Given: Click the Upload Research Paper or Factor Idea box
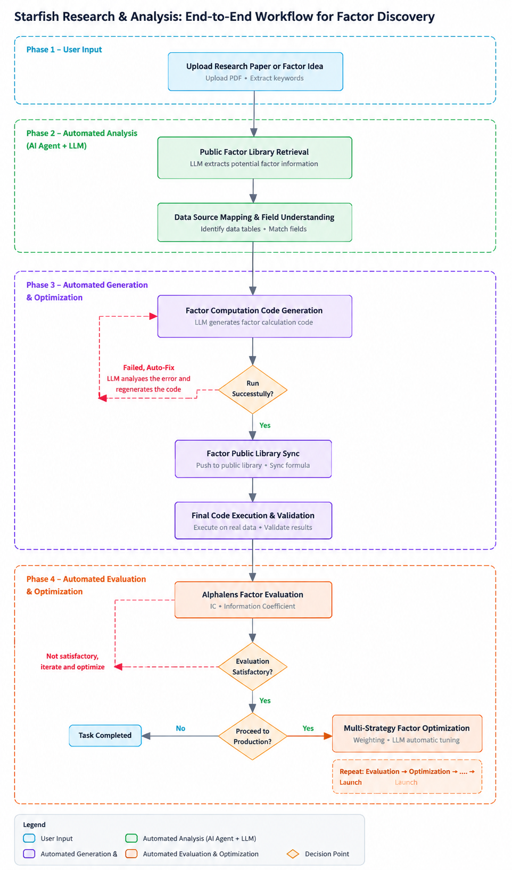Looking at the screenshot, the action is tap(255, 71).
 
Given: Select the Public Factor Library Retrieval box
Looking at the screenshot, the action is tap(254, 158).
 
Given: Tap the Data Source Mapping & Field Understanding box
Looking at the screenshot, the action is tap(254, 222).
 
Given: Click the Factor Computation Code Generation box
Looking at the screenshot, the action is tap(254, 316).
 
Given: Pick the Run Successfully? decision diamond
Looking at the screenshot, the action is tap(252, 389).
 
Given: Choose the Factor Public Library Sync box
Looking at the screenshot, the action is tap(253, 459).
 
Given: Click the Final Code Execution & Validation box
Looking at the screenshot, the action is tap(253, 520).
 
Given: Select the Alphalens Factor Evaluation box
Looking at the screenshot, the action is tap(253, 600).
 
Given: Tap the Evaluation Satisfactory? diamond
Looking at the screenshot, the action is tap(252, 667).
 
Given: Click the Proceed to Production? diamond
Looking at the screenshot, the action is tap(252, 736).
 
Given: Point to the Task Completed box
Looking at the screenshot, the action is tap(105, 735).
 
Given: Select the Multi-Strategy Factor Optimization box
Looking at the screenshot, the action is tap(407, 733).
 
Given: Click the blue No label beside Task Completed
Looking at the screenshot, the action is tap(180, 728).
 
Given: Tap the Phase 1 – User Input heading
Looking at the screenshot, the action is tap(64, 49).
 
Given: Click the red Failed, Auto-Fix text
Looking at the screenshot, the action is tap(148, 367).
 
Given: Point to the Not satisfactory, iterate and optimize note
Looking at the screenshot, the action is tap(72, 661).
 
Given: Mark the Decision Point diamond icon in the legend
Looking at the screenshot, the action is tap(293, 854).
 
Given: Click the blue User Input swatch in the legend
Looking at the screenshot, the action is tap(29, 838).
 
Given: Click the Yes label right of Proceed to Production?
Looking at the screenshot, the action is tap(308, 728).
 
